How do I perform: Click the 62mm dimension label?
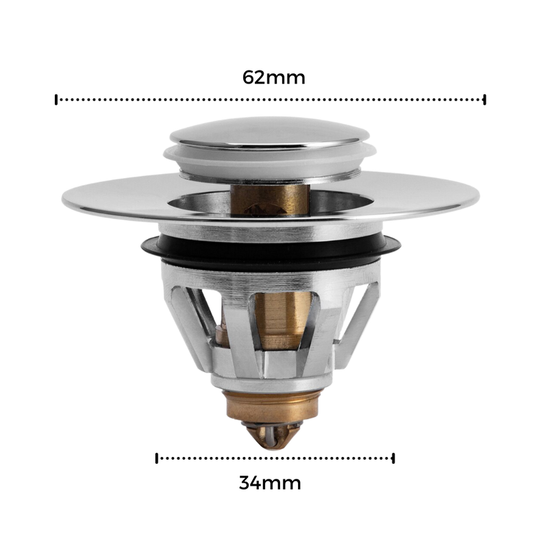273,77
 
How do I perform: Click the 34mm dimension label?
270,483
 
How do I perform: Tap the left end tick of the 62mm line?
56,99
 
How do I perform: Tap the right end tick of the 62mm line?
484,99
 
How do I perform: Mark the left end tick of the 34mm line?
157,458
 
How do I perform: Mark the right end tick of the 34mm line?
393,458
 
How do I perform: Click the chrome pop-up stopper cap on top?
269,132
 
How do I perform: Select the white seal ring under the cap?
269,162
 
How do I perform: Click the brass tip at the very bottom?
273,436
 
